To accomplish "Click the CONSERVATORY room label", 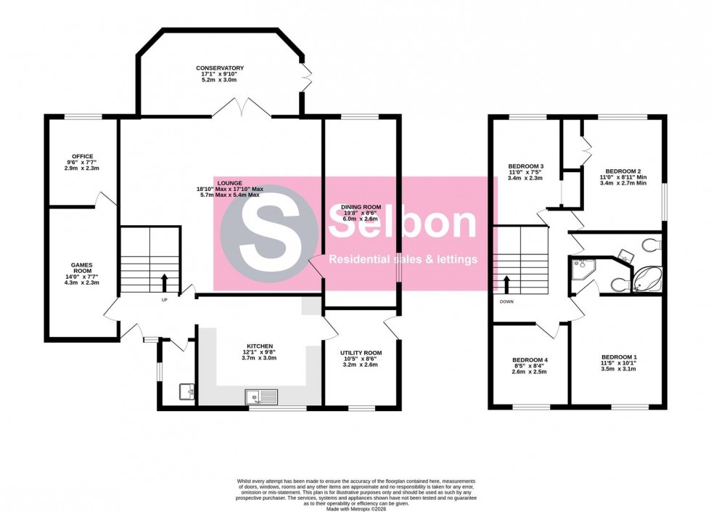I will pyautogui.click(x=220, y=68).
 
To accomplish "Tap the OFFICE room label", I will pyautogui.click(x=82, y=156).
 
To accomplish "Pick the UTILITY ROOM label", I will pyautogui.click(x=361, y=353).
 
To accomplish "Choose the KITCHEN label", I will pyautogui.click(x=259, y=346).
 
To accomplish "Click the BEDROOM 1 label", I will pyautogui.click(x=619, y=357).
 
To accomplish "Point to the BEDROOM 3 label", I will pyautogui.click(x=525, y=166).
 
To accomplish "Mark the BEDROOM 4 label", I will pyautogui.click(x=530, y=360).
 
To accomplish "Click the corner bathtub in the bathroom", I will pyautogui.click(x=646, y=278).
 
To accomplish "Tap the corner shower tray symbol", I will pyautogui.click(x=582, y=267).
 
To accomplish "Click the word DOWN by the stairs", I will pyautogui.click(x=506, y=300).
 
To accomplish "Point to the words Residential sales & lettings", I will pyautogui.click(x=403, y=259).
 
